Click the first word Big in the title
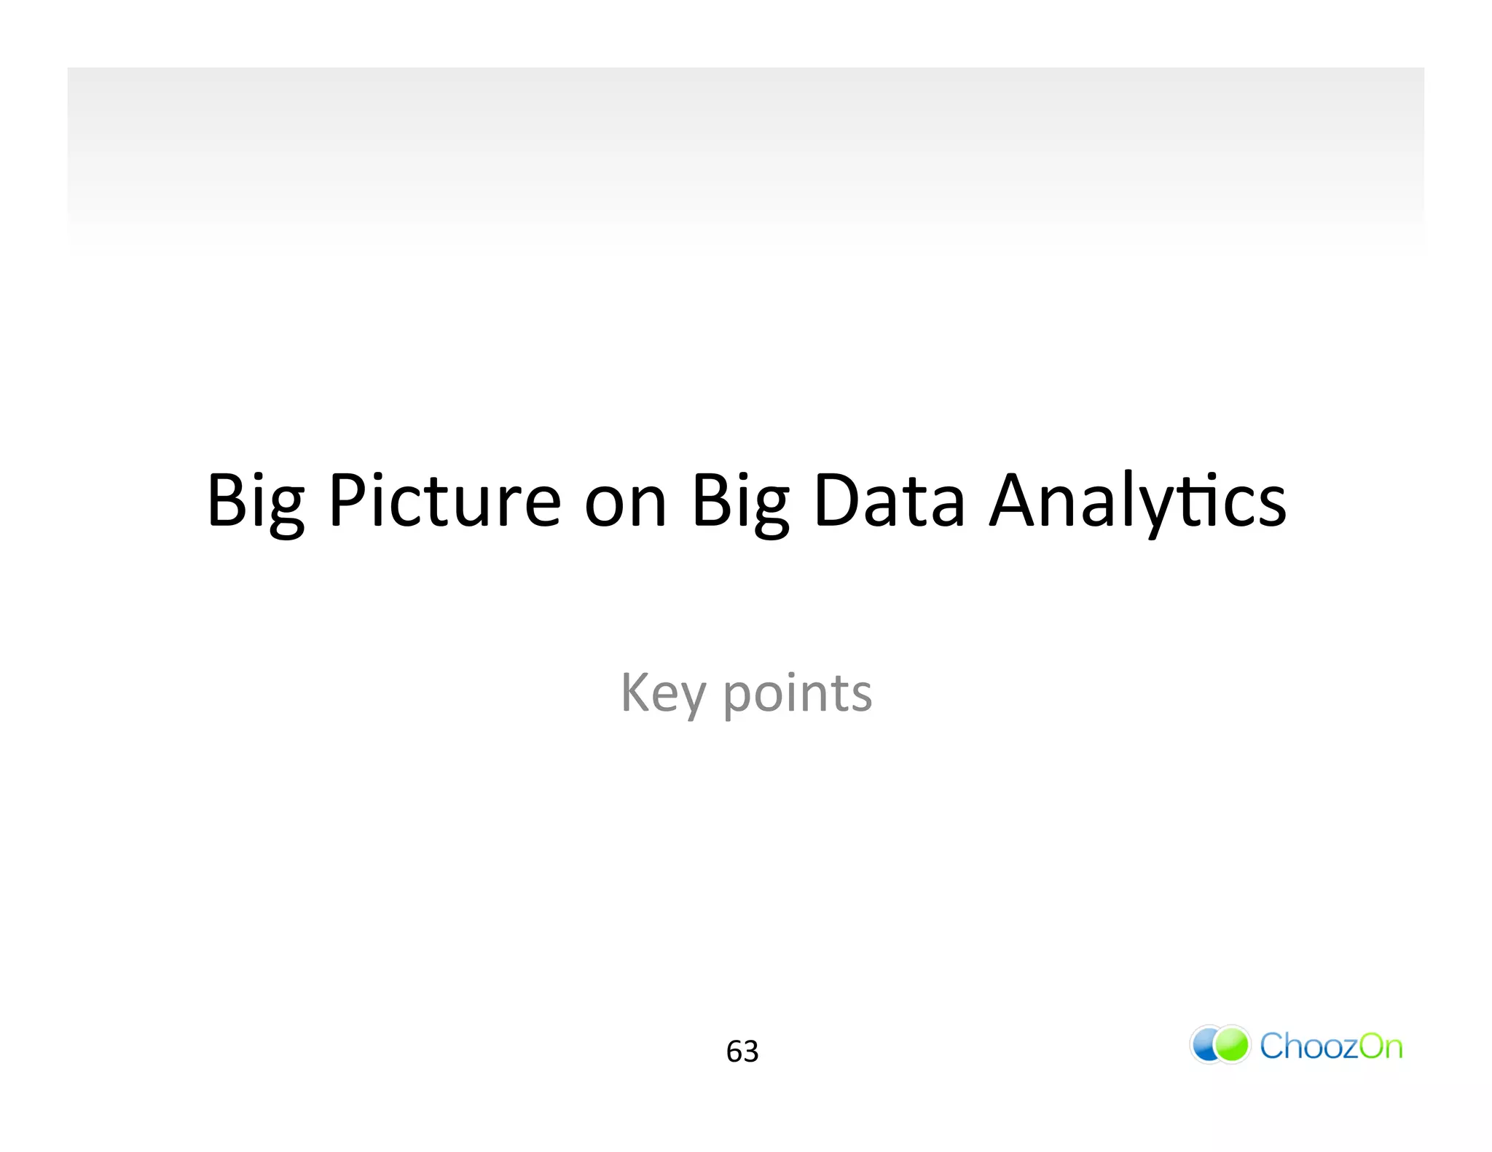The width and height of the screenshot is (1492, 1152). point(255,502)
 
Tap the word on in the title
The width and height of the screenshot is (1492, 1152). point(626,502)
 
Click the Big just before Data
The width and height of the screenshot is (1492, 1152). point(740,502)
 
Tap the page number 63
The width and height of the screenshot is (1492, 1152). point(742,1052)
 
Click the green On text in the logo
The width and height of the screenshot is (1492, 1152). point(1381,1046)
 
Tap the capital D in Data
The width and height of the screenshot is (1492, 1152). point(835,501)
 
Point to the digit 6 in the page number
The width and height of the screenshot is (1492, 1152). point(734,1052)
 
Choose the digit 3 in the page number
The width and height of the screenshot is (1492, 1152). point(751,1052)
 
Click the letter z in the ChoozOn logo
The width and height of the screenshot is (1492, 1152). point(1347,1048)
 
